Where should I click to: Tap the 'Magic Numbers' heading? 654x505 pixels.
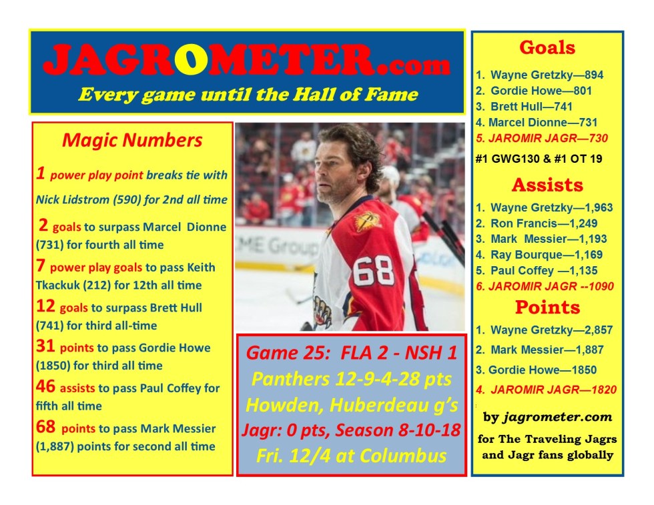coord(132,141)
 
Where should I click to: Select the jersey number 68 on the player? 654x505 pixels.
coord(373,271)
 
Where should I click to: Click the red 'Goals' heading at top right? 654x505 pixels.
coord(547,47)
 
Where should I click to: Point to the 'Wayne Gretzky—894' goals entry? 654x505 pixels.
coord(539,75)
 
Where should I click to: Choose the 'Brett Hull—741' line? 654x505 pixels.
coord(524,107)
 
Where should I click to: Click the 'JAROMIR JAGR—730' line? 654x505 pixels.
coord(542,139)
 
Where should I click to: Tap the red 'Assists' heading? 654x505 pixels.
coord(547,185)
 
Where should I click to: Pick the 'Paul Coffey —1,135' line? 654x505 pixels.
coord(537,271)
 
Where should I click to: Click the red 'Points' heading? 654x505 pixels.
coord(547,308)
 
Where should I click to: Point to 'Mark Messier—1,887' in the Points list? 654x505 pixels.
coord(540,350)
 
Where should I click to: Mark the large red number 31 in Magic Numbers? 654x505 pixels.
coord(45,346)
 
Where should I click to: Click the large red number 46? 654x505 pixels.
coord(45,386)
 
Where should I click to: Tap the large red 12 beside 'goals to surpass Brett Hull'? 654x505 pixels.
coord(45,306)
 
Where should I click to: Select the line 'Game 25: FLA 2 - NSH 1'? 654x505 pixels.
coord(352,353)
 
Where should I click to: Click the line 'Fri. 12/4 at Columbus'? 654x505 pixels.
coord(351,456)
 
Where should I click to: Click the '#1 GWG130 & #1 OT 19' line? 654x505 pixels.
coord(539,159)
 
